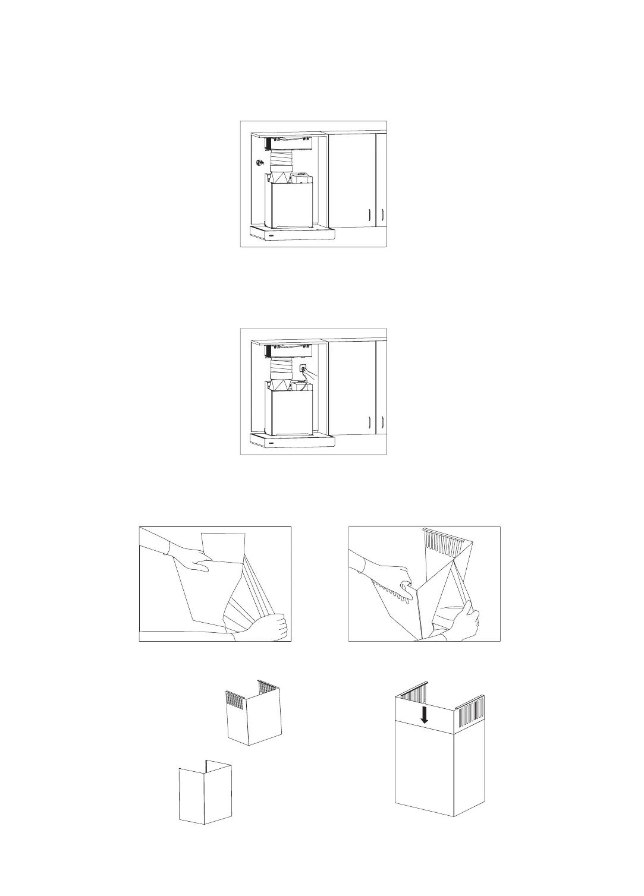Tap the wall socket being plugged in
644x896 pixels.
[303, 369]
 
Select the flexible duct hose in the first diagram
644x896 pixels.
[283, 160]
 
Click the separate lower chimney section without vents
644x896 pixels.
[206, 793]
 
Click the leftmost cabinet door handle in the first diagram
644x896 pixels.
[369, 215]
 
